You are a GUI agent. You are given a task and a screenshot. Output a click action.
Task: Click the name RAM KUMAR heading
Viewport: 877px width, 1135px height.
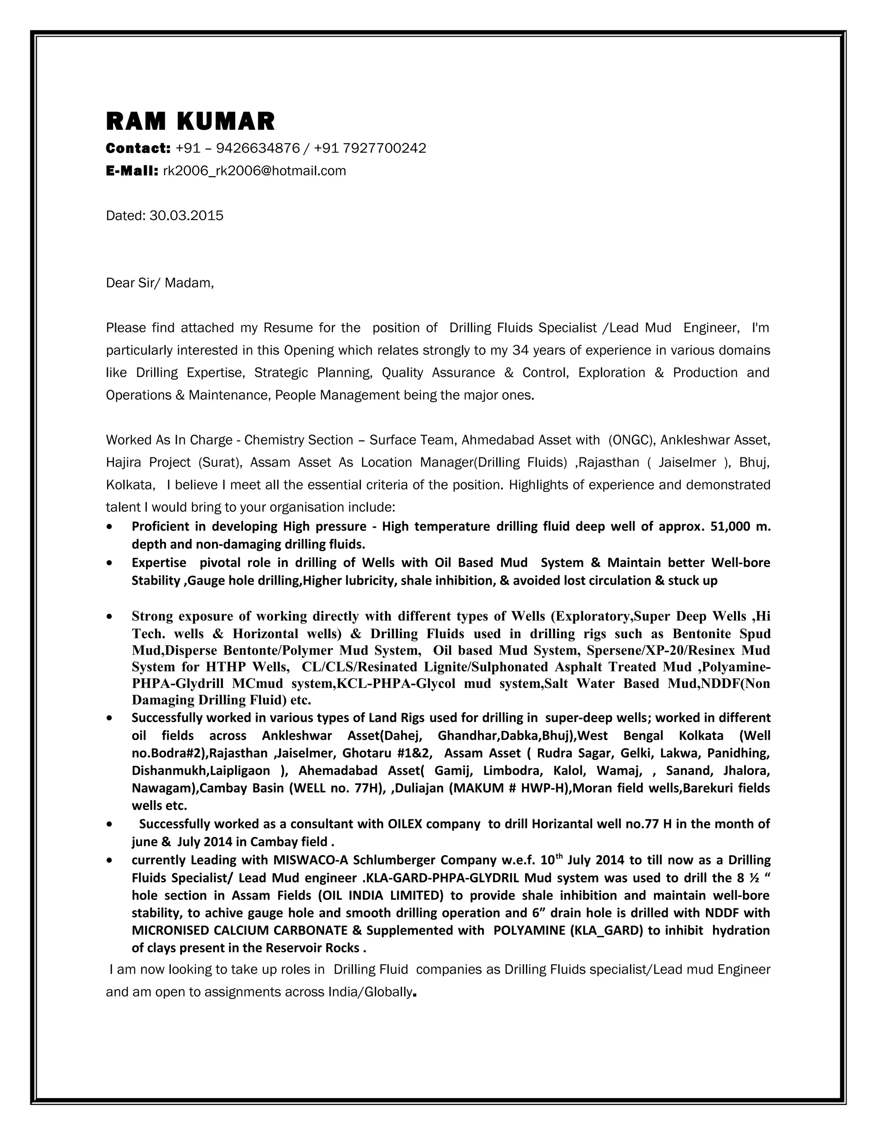point(190,122)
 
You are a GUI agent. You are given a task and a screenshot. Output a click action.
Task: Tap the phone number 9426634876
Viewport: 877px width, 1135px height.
point(258,149)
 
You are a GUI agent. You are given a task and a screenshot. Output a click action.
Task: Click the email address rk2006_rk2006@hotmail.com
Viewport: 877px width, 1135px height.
point(254,171)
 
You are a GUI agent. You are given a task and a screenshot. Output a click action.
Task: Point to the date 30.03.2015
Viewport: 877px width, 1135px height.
point(186,216)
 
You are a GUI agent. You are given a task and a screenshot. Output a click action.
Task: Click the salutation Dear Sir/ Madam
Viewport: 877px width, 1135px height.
point(159,283)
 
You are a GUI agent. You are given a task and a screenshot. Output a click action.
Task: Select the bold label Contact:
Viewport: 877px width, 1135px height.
point(138,149)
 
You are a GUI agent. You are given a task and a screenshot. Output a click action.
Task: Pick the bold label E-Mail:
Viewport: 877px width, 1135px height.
point(132,171)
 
